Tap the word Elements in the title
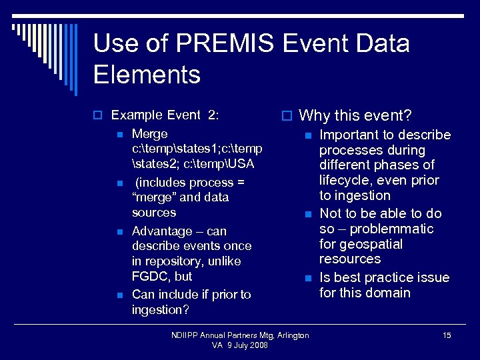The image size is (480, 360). tap(147, 74)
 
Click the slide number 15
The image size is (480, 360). tap(447, 335)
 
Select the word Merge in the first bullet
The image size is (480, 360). tap(150, 134)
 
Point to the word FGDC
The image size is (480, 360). tap(152, 276)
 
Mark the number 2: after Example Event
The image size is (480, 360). tap(213, 115)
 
